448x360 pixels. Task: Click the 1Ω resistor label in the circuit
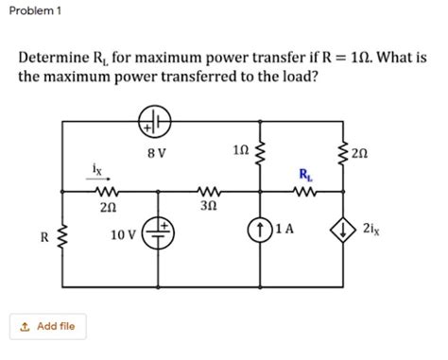point(240,148)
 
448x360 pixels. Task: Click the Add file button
point(48,327)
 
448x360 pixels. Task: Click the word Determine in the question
point(60,57)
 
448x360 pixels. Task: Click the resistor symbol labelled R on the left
point(63,237)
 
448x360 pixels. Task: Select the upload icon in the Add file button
point(24,327)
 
